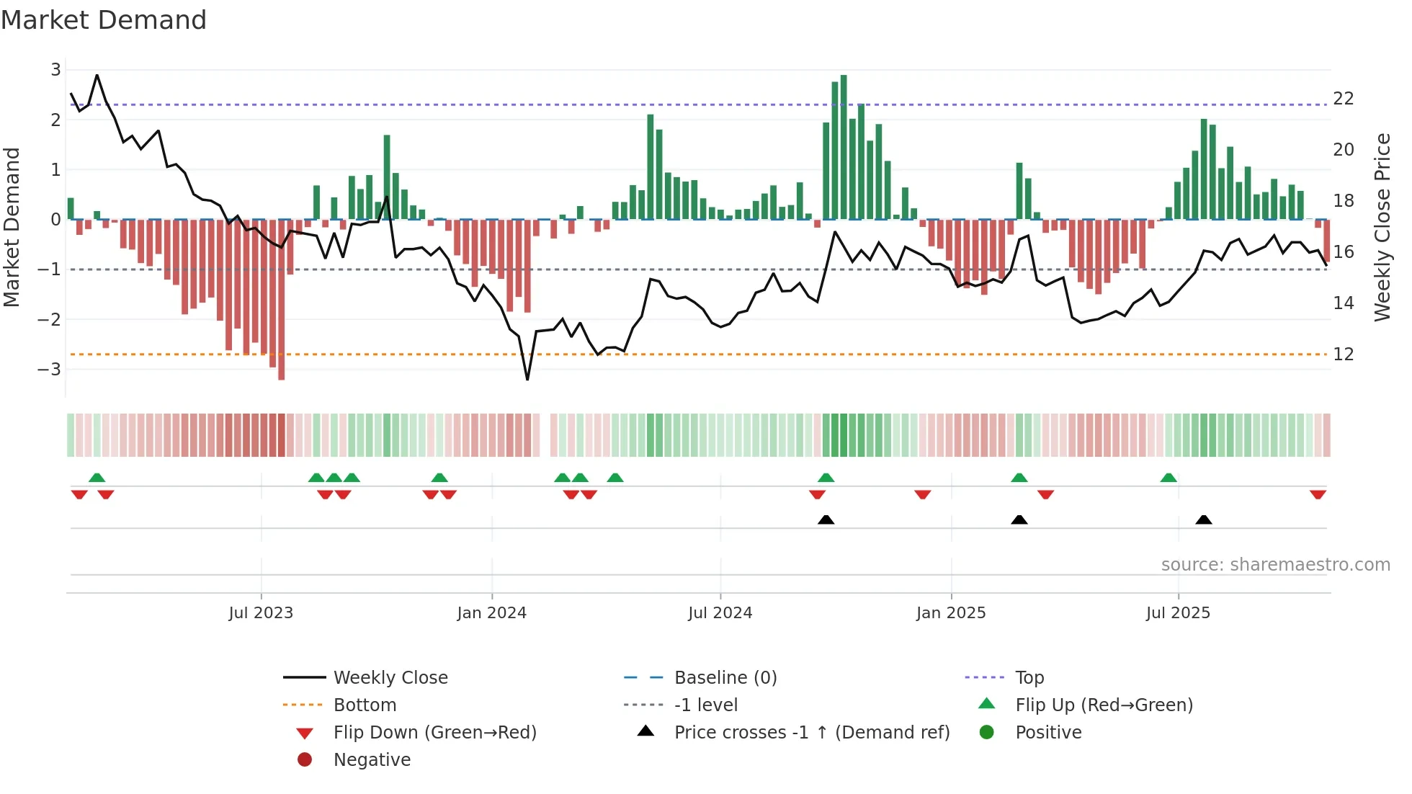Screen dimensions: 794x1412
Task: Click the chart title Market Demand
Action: [104, 20]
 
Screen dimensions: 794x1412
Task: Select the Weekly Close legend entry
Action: [390, 677]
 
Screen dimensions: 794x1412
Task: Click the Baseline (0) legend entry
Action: [725, 677]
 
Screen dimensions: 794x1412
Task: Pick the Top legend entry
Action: [1029, 677]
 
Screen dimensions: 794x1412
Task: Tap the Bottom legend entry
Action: [365, 705]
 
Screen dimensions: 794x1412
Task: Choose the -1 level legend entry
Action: [705, 705]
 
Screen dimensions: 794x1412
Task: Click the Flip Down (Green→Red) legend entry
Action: [434, 732]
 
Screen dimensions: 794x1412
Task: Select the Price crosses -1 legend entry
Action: [811, 732]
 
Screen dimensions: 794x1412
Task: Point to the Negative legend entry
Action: [372, 759]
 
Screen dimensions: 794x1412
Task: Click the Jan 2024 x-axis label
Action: [491, 613]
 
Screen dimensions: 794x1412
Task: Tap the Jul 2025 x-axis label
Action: [1178, 613]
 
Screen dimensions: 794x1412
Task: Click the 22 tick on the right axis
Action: [1343, 99]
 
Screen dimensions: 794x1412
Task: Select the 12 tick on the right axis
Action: [1343, 354]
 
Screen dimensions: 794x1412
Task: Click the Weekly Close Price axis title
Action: [1382, 227]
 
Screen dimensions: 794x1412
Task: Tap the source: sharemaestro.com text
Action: [1275, 565]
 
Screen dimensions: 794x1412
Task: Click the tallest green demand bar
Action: [844, 148]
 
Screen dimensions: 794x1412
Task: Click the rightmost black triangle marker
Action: [1203, 520]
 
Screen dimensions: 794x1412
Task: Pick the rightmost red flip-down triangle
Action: [1318, 494]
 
